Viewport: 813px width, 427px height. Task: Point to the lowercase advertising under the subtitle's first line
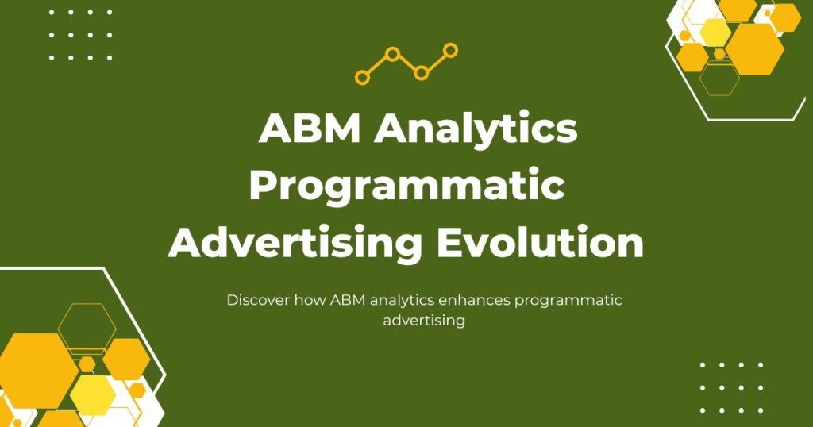pos(423,321)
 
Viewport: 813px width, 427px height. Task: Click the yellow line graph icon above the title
pos(406,64)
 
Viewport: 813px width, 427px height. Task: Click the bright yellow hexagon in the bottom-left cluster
pos(92,394)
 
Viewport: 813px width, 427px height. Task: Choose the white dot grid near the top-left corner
pos(80,35)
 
